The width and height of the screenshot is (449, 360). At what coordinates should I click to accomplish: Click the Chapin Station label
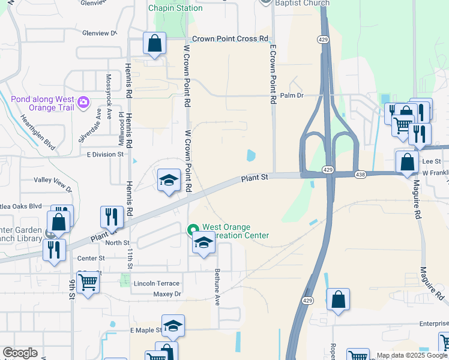click(x=175, y=8)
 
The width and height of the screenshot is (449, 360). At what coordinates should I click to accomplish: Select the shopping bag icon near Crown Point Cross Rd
click(x=154, y=44)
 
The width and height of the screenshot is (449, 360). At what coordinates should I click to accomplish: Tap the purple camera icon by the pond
click(x=82, y=103)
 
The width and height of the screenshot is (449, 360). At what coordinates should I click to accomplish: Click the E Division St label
click(x=104, y=154)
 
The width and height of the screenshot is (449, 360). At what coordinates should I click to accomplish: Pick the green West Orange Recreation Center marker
click(x=193, y=229)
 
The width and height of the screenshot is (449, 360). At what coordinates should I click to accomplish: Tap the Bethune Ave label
click(x=217, y=287)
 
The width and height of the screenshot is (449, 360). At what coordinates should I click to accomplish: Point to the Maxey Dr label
click(x=167, y=294)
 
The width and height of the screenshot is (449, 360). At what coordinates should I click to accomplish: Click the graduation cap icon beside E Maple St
click(x=173, y=325)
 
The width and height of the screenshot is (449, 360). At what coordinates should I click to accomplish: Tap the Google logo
click(x=20, y=353)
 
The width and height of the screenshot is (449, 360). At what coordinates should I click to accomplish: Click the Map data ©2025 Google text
click(x=411, y=355)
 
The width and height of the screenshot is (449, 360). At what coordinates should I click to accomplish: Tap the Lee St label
click(x=431, y=161)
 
